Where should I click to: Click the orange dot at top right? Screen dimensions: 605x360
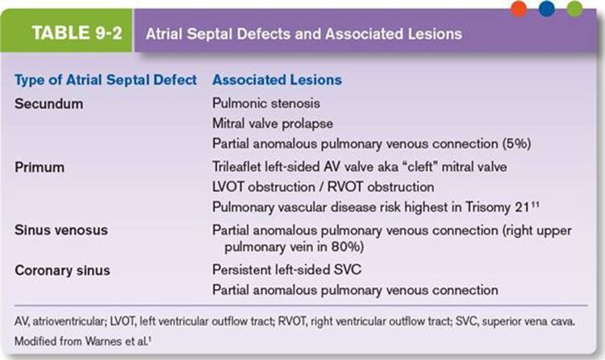pyautogui.click(x=519, y=9)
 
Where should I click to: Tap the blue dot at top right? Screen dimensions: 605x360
pyautogui.click(x=546, y=9)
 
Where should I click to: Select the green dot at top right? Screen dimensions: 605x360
pyautogui.click(x=574, y=9)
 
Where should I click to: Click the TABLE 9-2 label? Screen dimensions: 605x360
pyautogui.click(x=77, y=33)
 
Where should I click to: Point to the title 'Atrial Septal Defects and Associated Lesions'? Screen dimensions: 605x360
pyautogui.click(x=304, y=34)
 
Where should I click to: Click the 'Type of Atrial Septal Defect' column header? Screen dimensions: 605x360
pyautogui.click(x=106, y=80)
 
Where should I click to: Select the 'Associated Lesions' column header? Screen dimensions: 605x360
pyautogui.click(x=277, y=80)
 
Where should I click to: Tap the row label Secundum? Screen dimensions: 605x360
pyautogui.click(x=48, y=104)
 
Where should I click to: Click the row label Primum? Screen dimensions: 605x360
pyautogui.click(x=40, y=167)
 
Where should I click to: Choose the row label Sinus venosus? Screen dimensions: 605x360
pyautogui.click(x=61, y=230)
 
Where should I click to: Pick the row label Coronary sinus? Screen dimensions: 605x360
pyautogui.click(x=62, y=270)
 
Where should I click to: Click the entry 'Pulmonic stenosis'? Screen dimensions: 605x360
pyautogui.click(x=266, y=103)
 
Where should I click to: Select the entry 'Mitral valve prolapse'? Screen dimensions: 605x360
pyautogui.click(x=273, y=123)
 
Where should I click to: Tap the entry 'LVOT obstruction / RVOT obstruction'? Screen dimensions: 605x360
pyautogui.click(x=323, y=187)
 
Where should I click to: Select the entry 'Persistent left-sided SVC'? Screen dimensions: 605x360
pyautogui.click(x=287, y=270)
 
